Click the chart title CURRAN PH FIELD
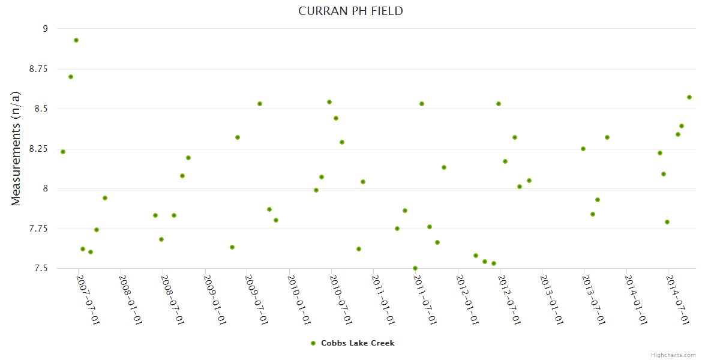[350, 11]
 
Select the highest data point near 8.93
[76, 40]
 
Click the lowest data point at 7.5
[415, 268]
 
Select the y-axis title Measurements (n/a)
[16, 149]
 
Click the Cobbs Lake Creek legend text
[358, 343]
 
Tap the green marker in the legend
[313, 343]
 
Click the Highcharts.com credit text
[673, 355]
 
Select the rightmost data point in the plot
[689, 97]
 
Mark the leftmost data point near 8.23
[63, 152]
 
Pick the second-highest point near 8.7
[71, 77]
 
